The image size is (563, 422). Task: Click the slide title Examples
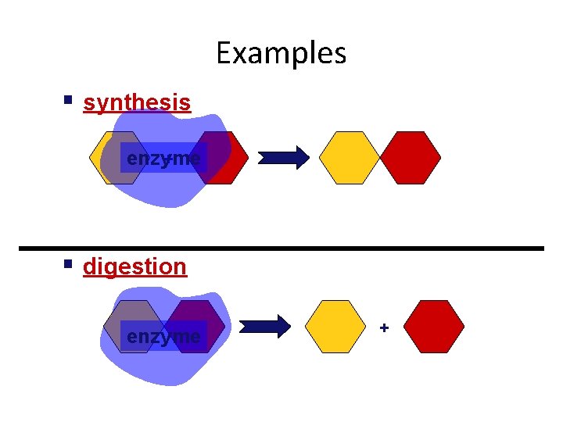(281, 53)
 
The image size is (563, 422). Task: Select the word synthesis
(137, 102)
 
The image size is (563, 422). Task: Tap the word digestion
(134, 266)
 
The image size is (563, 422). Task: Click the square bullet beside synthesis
(69, 101)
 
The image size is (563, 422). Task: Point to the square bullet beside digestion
(69, 265)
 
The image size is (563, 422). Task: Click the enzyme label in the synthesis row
(163, 159)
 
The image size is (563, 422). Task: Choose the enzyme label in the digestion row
(163, 337)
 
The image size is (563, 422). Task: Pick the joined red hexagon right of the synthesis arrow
(411, 158)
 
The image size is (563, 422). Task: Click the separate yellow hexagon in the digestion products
(335, 327)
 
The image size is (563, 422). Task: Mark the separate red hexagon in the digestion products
(434, 327)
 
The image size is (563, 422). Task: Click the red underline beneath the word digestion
(134, 277)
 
